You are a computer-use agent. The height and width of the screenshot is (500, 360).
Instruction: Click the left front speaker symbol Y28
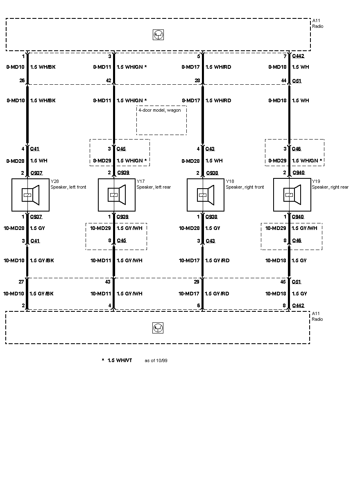[30, 195]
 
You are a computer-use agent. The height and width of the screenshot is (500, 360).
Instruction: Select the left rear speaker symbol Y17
[117, 195]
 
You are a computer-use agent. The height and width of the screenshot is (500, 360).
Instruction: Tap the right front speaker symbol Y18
[205, 195]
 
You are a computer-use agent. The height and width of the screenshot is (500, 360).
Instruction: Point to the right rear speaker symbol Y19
[292, 195]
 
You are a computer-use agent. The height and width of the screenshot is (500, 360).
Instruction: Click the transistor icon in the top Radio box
[158, 35]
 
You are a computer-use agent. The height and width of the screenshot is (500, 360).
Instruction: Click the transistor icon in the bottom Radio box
[158, 328]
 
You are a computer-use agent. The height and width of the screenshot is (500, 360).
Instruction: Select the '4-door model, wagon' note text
[160, 110]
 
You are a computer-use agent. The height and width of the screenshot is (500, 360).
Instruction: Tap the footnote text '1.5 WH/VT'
[120, 360]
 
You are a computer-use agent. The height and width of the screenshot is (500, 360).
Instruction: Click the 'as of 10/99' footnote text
[156, 360]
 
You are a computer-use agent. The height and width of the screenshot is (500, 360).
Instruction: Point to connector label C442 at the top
[298, 56]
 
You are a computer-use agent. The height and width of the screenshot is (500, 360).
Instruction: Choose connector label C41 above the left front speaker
[35, 149]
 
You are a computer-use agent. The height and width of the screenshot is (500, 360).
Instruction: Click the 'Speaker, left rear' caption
[154, 187]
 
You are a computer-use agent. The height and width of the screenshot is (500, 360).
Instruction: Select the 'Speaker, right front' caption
[245, 187]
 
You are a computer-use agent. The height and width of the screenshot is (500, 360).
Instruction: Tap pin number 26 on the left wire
[22, 80]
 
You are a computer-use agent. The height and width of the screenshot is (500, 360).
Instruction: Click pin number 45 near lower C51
[283, 282]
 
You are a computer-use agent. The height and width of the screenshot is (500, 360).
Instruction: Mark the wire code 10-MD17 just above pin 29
[189, 261]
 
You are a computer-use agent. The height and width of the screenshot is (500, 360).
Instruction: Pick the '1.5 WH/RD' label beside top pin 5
[218, 67]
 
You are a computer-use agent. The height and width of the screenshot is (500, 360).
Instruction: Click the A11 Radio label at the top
[317, 23]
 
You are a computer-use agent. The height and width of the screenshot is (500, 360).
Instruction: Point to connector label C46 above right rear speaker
[296, 149]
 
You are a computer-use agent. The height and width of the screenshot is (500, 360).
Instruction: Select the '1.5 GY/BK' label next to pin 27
[41, 293]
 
